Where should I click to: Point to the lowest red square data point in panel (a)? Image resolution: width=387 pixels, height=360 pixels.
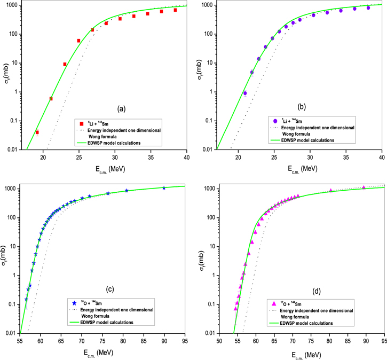pos(37,132)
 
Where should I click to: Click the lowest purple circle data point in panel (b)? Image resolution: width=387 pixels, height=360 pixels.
pos(245,93)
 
